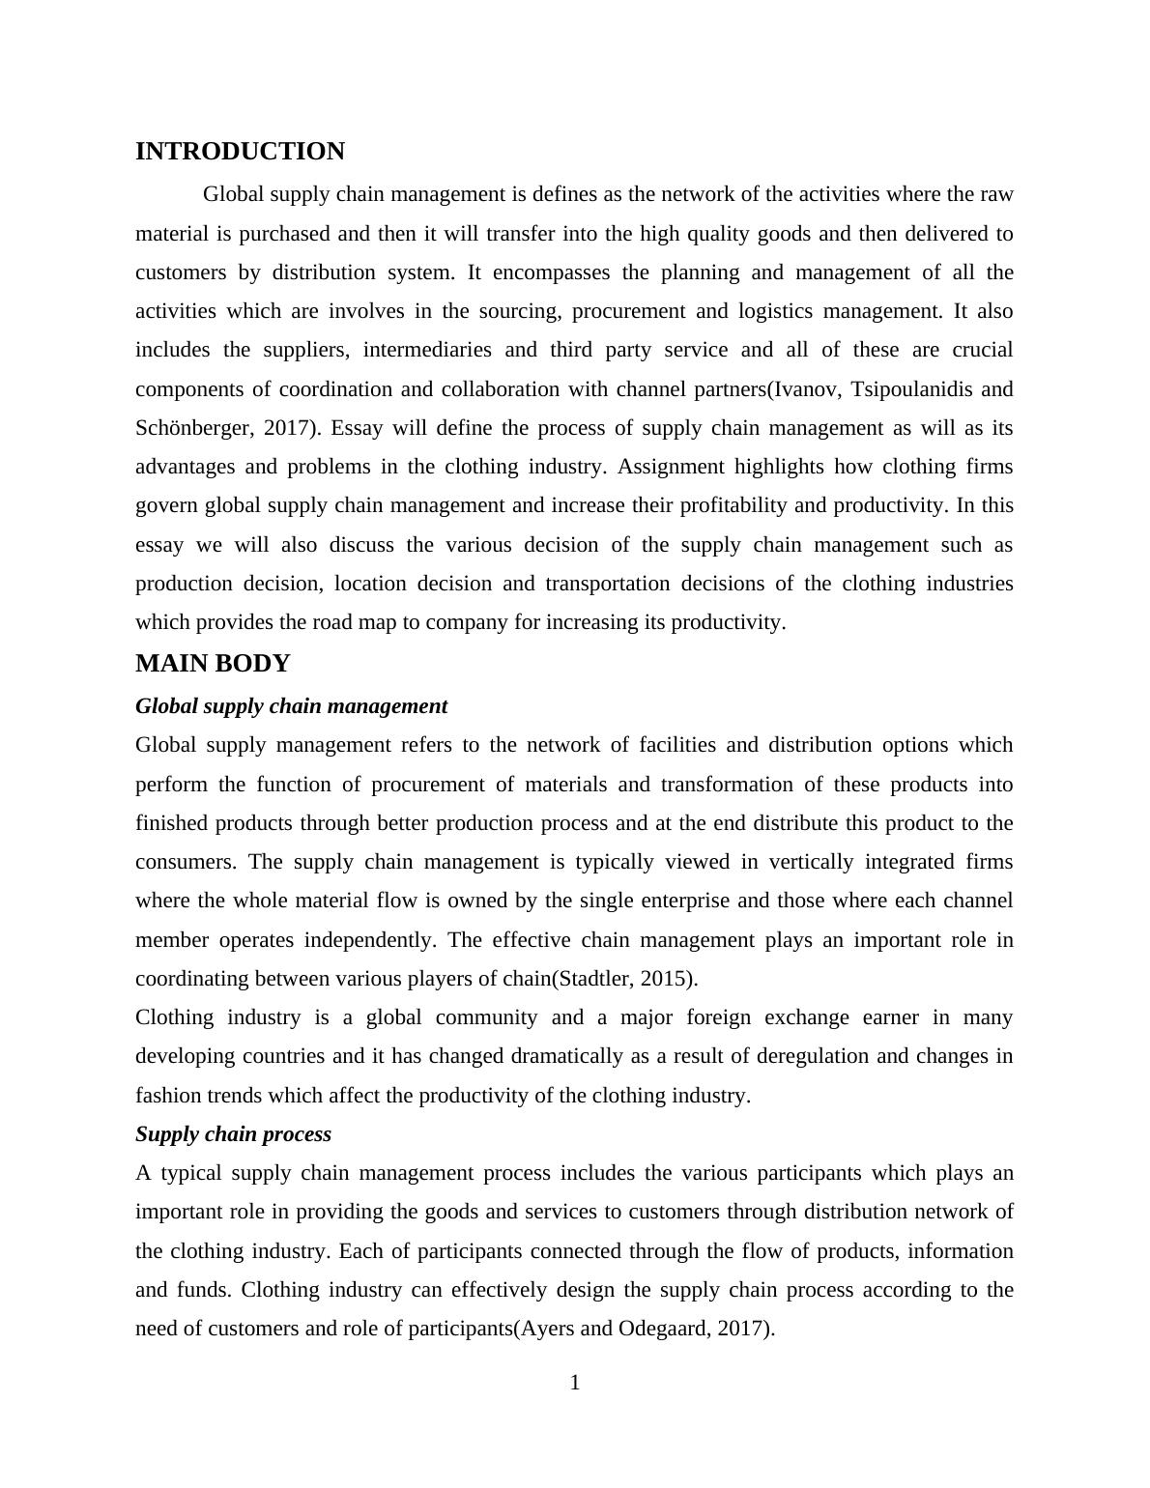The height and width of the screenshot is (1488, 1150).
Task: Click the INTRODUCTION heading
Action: [240, 152]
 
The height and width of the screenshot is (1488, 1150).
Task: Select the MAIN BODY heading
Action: [213, 664]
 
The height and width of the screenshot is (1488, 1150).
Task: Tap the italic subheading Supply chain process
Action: [233, 1134]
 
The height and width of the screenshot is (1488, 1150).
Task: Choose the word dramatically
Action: [564, 1056]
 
